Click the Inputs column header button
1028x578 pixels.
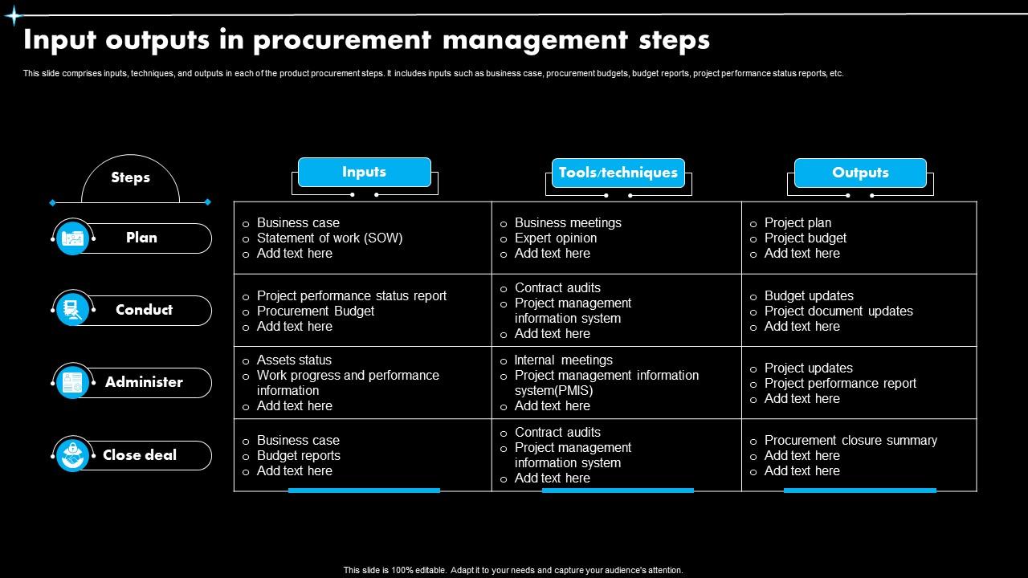tap(364, 172)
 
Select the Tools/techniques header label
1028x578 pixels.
tap(618, 173)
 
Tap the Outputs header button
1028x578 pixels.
tap(860, 173)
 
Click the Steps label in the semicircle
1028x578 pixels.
tap(130, 177)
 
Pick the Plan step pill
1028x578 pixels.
tap(141, 238)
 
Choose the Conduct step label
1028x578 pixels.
tap(144, 310)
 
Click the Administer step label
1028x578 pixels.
tap(144, 382)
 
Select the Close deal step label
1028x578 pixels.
tap(140, 455)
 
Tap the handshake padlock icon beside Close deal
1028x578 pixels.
tap(72, 455)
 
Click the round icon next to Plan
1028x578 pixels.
tap(72, 238)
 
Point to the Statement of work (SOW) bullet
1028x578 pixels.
tap(329, 238)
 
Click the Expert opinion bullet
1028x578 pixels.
tap(555, 238)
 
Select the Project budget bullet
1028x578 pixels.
tap(805, 238)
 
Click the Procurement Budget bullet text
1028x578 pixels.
tap(315, 311)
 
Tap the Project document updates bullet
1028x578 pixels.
tap(838, 311)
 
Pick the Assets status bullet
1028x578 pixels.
tap(294, 360)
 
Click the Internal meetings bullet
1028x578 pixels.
tap(563, 360)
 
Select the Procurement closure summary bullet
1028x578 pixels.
tap(850, 440)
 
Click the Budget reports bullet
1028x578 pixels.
tap(298, 455)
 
